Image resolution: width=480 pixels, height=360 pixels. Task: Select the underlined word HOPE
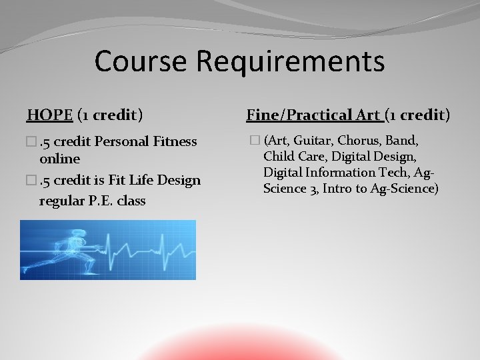[50, 115]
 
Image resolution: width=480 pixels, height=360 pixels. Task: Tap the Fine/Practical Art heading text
[313, 115]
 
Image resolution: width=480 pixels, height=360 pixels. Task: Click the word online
[59, 159]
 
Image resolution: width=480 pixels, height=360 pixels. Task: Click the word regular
[63, 200]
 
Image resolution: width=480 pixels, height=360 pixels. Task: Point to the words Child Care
[294, 157]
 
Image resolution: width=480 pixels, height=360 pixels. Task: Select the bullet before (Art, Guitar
[254, 141]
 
